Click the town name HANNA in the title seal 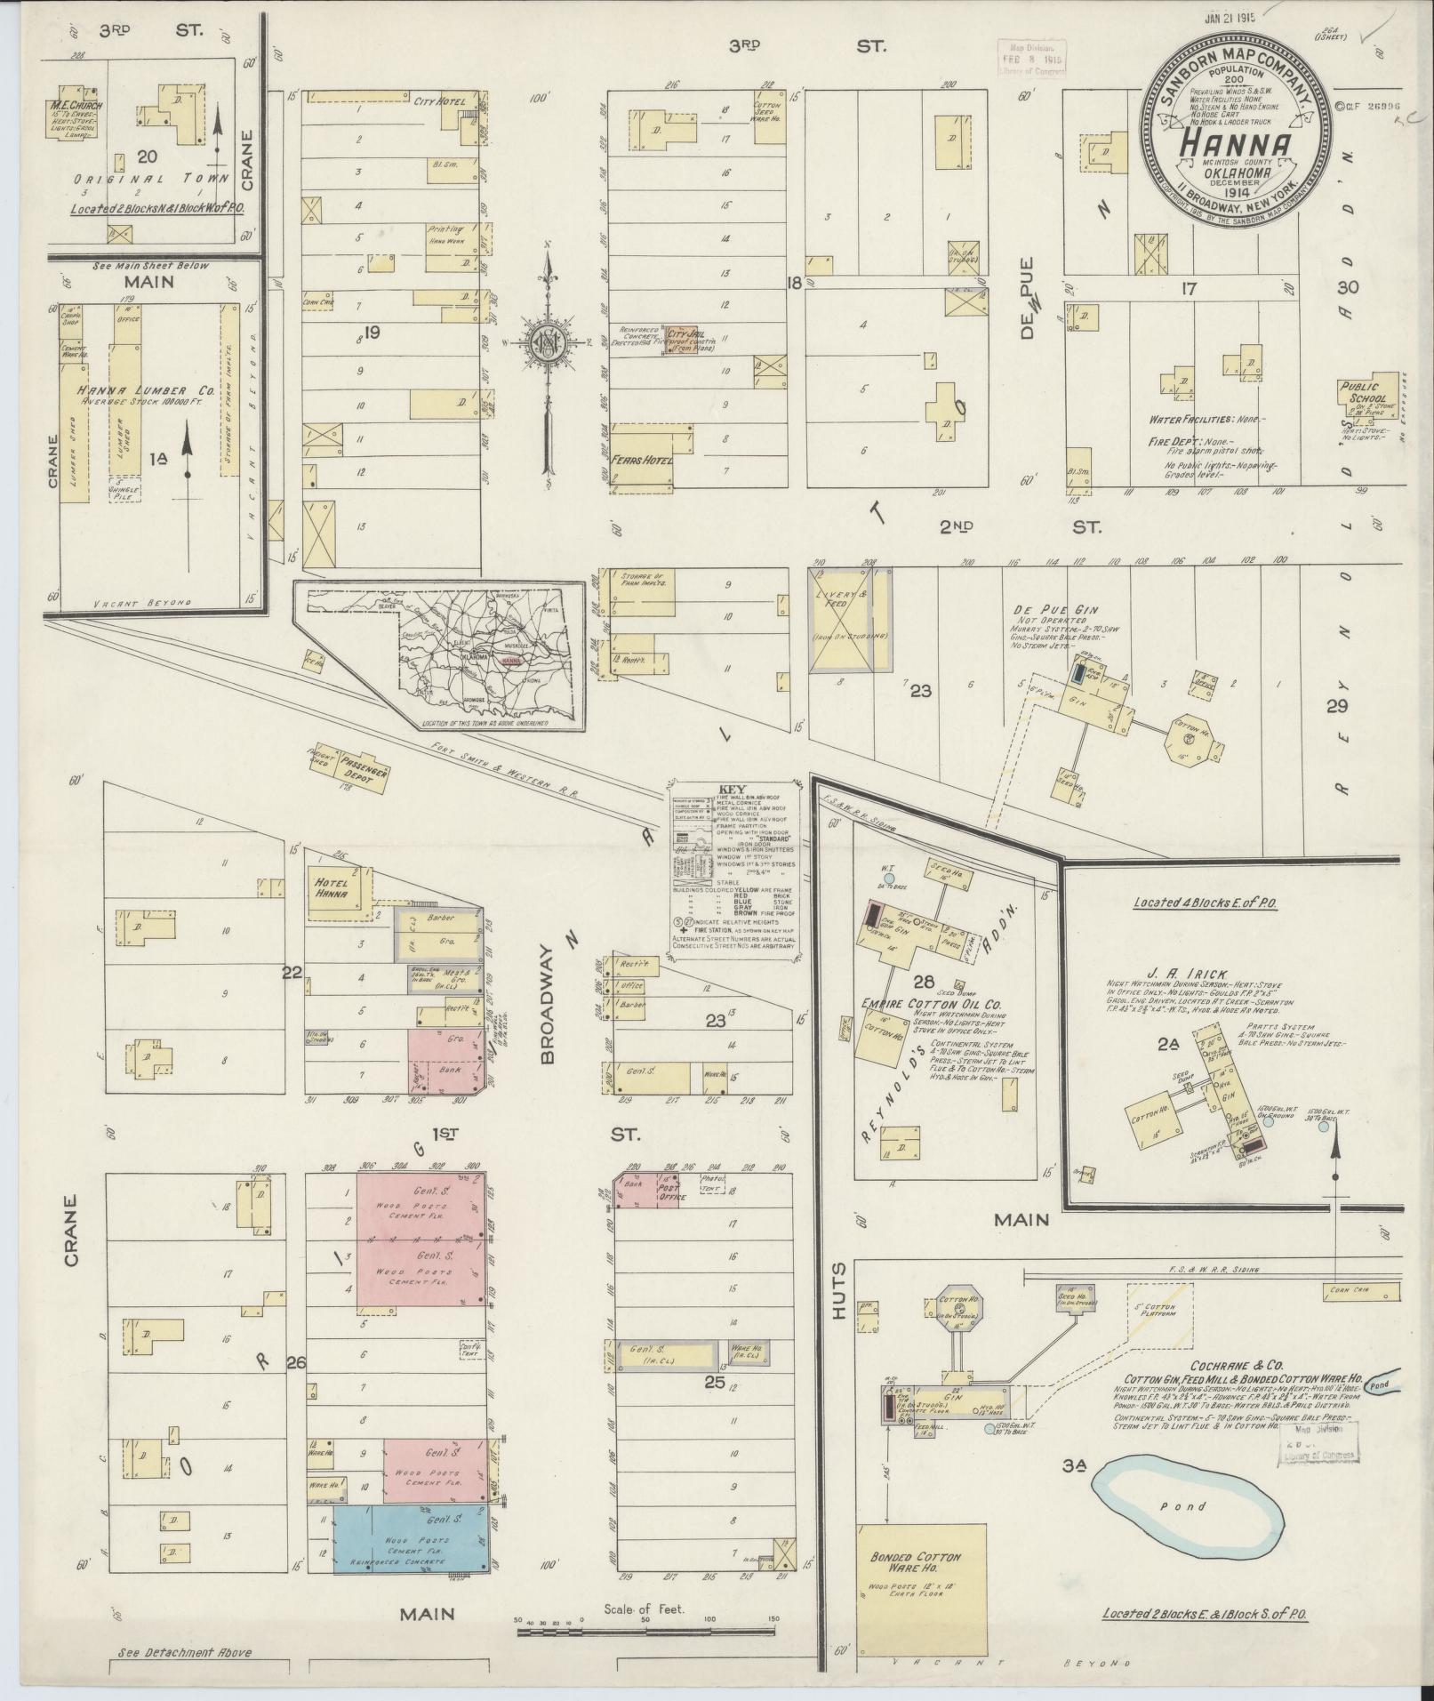coord(1236,145)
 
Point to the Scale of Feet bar coord(647,1631)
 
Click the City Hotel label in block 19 coord(440,101)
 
